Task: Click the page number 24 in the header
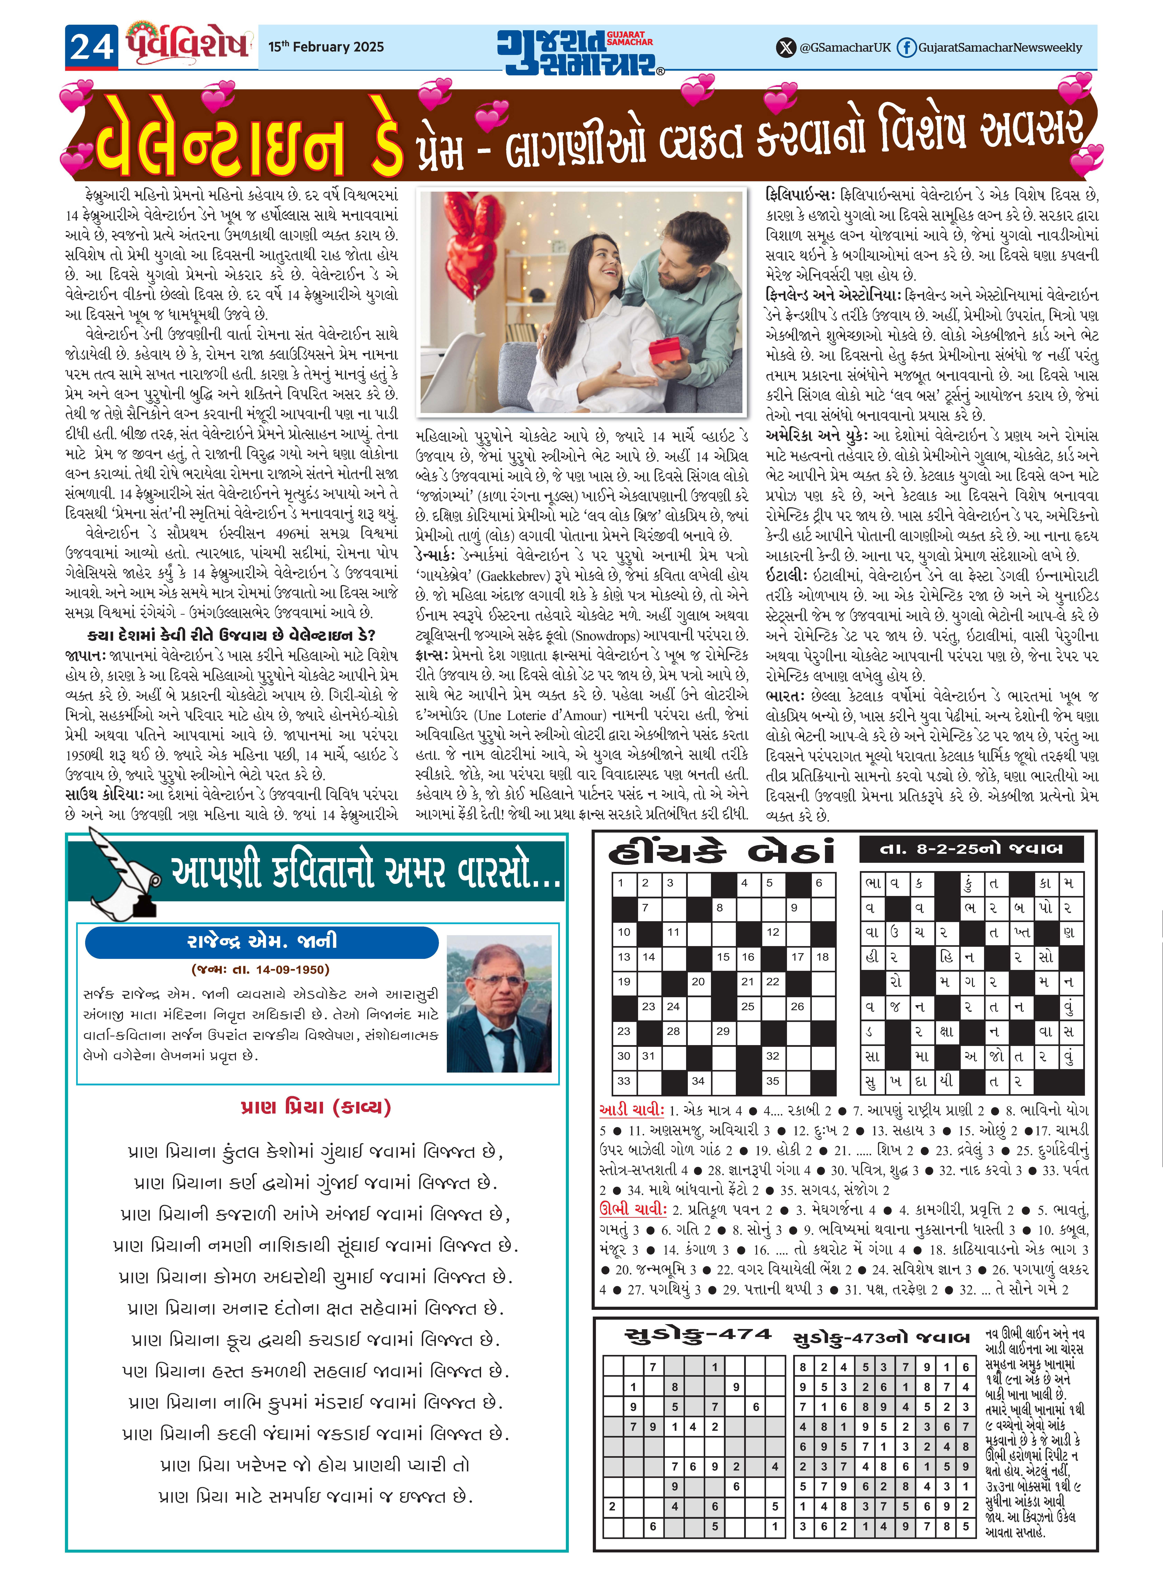(x=92, y=47)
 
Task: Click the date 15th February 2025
(x=326, y=47)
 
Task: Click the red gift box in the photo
(x=665, y=350)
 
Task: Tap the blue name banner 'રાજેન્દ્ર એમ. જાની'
(x=262, y=941)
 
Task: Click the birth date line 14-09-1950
(x=260, y=970)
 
